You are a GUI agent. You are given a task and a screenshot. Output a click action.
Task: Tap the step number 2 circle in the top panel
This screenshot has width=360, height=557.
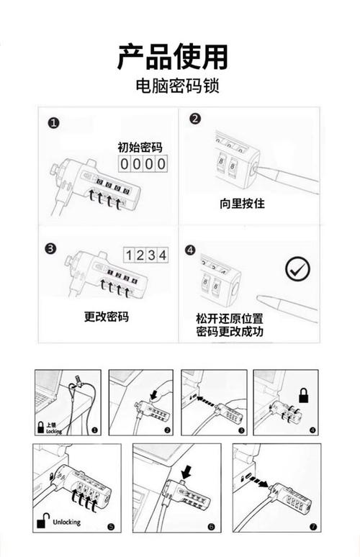coord(194,119)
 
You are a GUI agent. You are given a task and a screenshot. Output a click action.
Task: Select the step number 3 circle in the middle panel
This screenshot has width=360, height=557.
coord(50,249)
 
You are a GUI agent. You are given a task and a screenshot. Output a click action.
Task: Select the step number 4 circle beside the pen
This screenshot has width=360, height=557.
coord(190,250)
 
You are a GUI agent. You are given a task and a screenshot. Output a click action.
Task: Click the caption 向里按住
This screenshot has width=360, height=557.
coord(242,204)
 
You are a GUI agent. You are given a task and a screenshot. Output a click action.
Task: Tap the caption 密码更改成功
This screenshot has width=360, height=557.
coord(230,332)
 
